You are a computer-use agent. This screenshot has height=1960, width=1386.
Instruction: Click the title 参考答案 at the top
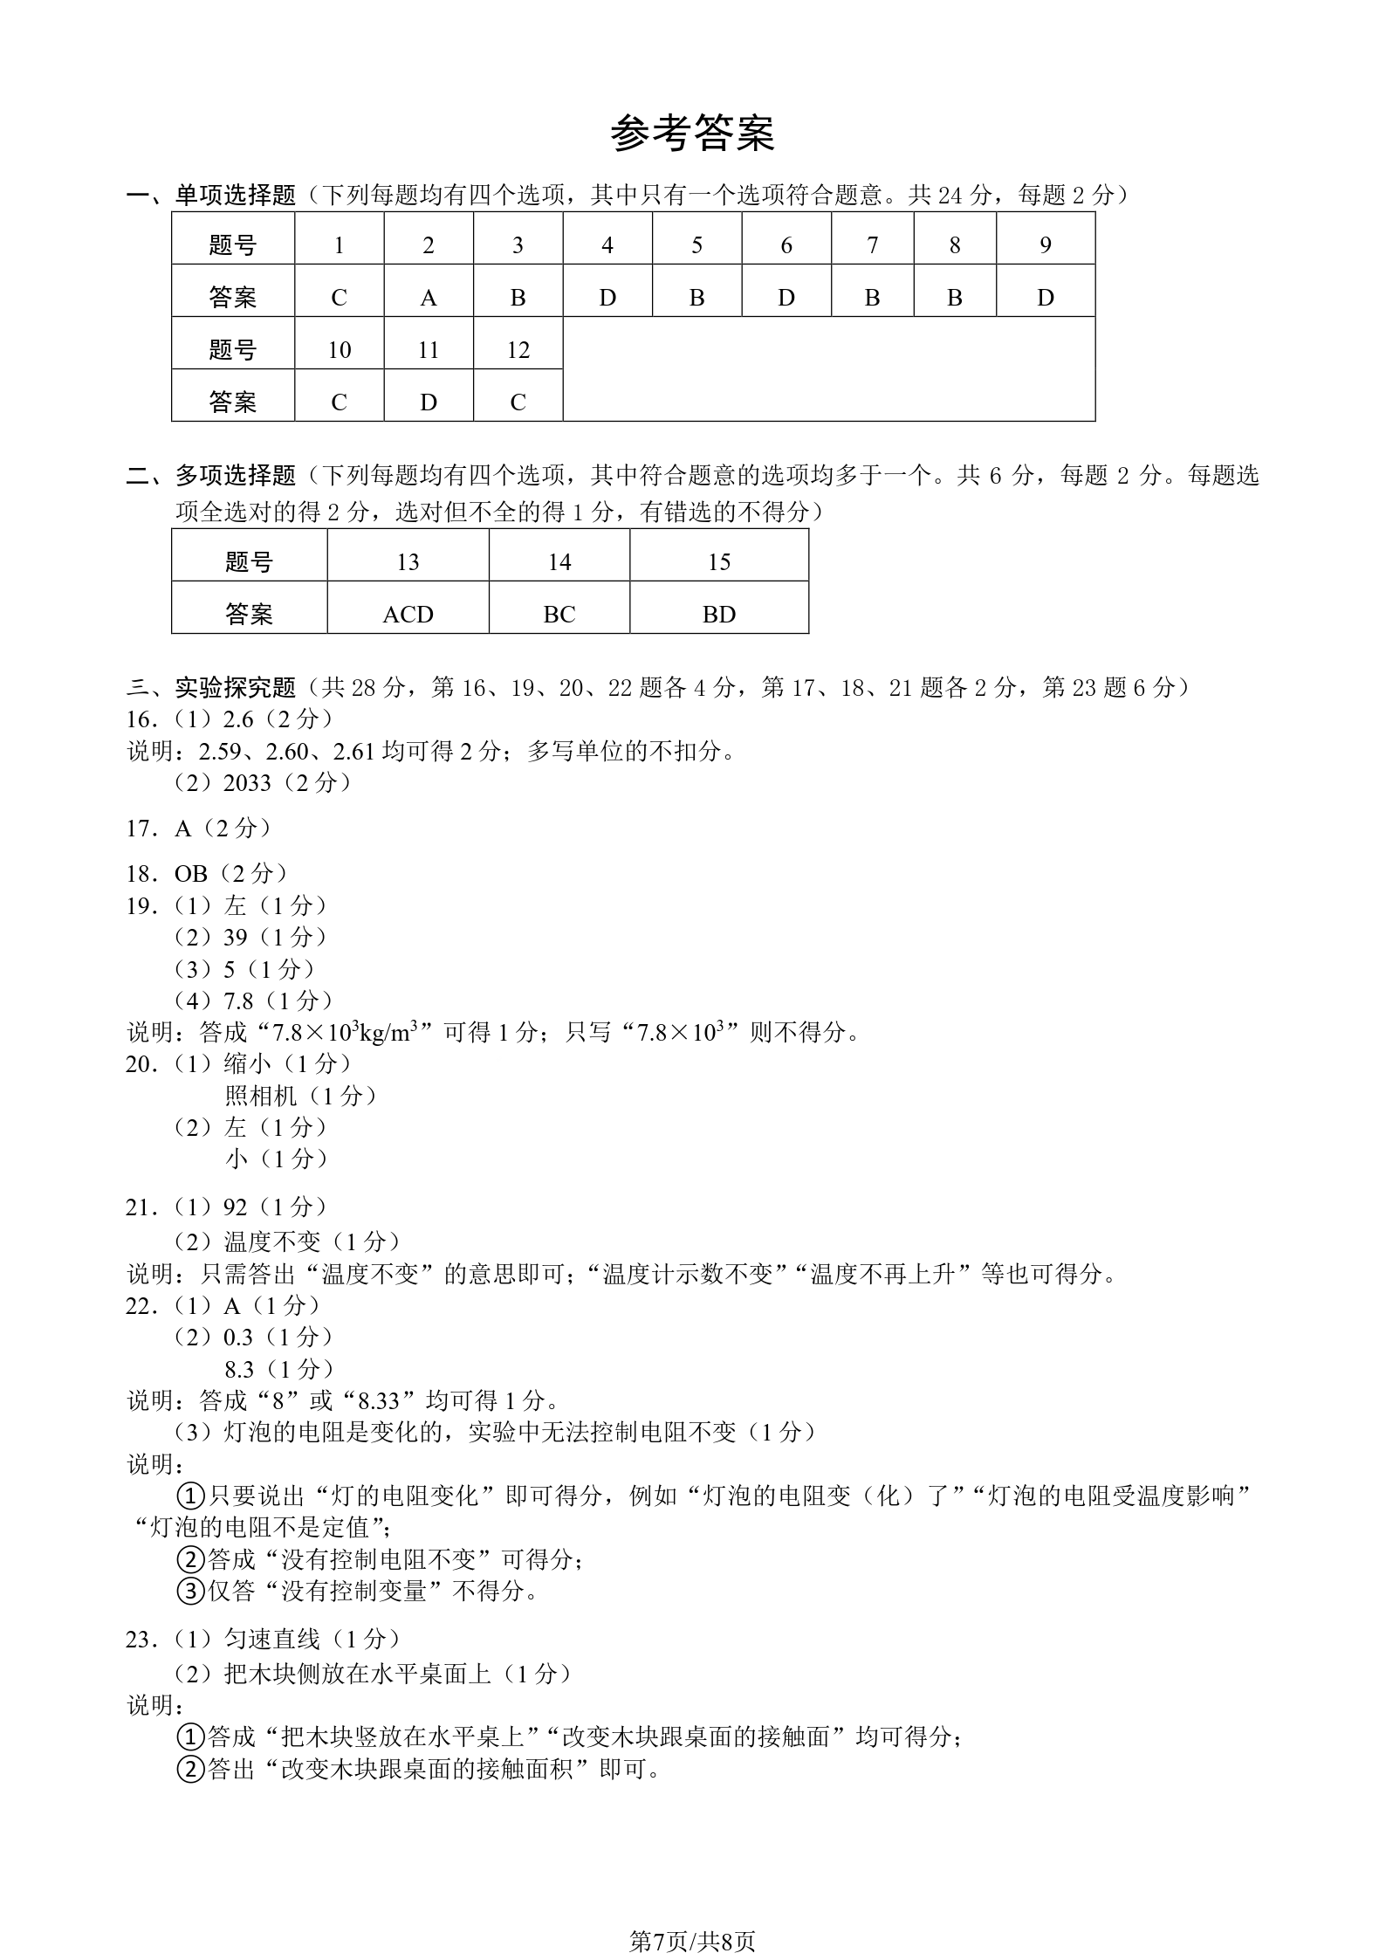coord(692,134)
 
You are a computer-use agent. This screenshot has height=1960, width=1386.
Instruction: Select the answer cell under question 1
coord(339,298)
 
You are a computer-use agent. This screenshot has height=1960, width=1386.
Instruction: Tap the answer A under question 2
coord(428,298)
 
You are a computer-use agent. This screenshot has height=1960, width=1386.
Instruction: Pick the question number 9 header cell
coord(1045,245)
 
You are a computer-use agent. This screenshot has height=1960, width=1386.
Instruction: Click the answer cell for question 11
coord(428,402)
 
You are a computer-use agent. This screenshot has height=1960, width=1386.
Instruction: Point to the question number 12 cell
coord(518,350)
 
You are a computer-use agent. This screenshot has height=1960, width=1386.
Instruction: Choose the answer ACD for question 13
coord(408,615)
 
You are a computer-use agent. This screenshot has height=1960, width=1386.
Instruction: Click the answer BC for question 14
coord(559,615)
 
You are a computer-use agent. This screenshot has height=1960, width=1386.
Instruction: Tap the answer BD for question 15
coord(718,615)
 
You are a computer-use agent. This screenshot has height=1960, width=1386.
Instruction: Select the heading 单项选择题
coord(236,195)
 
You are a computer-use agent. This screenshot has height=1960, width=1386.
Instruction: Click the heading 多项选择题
coord(236,476)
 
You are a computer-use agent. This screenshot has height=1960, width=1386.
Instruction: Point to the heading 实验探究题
coord(236,688)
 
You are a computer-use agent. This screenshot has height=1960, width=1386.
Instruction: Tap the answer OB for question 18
coord(191,874)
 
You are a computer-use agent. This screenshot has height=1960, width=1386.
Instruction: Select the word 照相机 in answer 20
coord(261,1096)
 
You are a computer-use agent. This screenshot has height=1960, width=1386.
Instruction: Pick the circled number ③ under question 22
coord(190,1591)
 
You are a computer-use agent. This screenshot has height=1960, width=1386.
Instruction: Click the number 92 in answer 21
coord(236,1207)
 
